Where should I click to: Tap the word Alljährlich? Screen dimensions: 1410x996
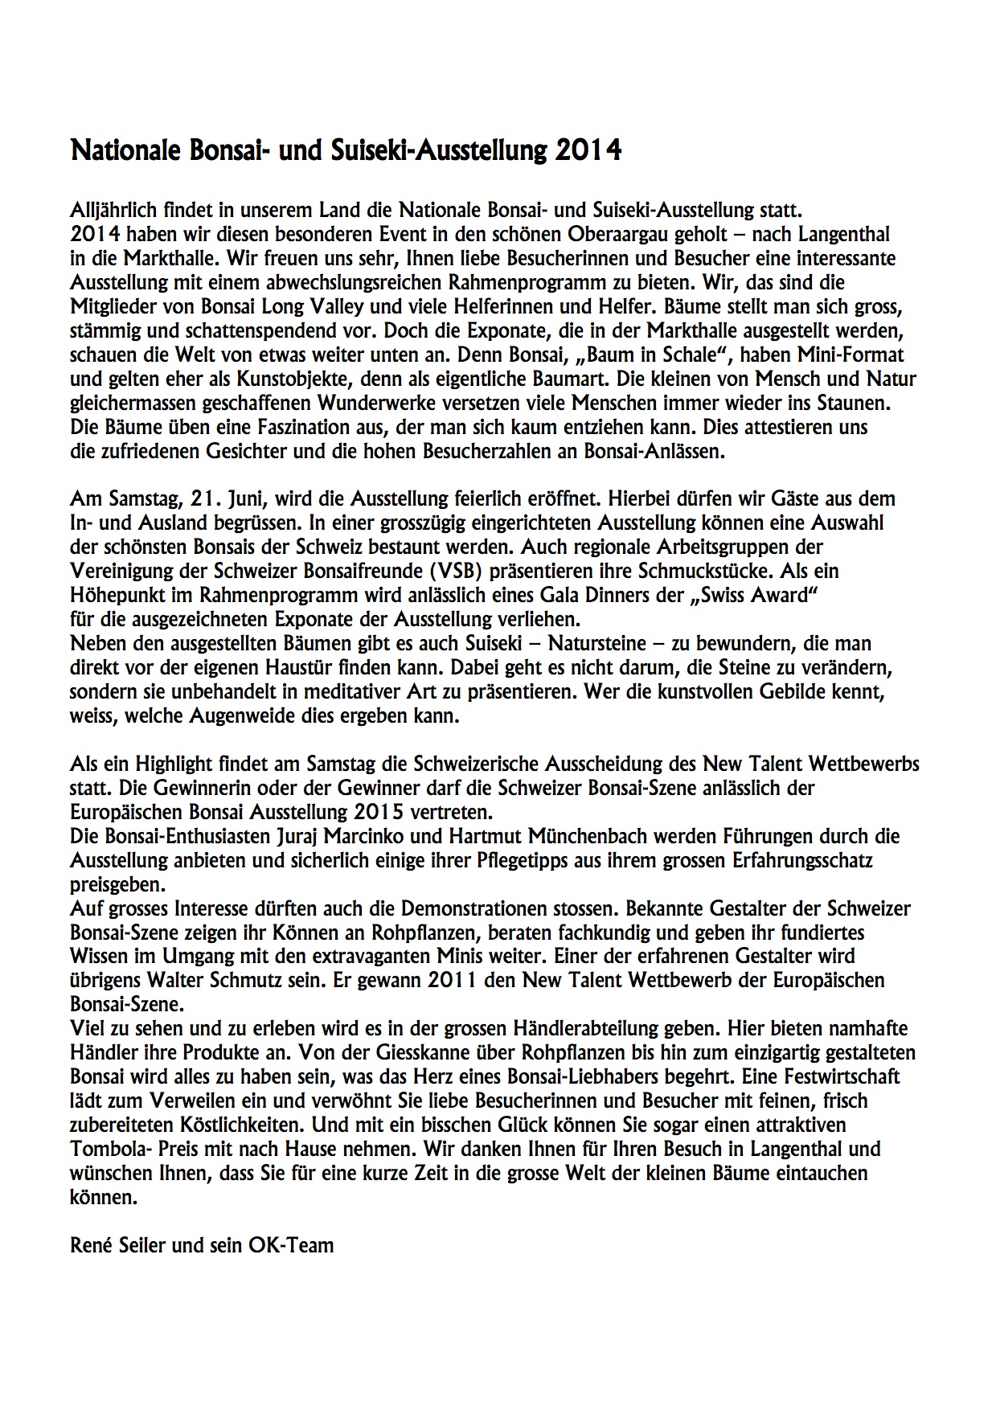(x=112, y=211)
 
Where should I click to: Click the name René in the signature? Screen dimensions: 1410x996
(x=89, y=1245)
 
